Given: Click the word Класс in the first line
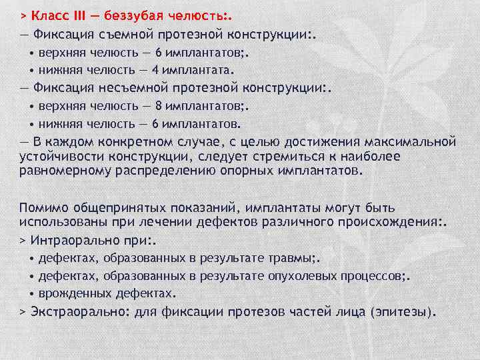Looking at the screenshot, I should click(x=51, y=14).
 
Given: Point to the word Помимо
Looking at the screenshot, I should click(x=41, y=207).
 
